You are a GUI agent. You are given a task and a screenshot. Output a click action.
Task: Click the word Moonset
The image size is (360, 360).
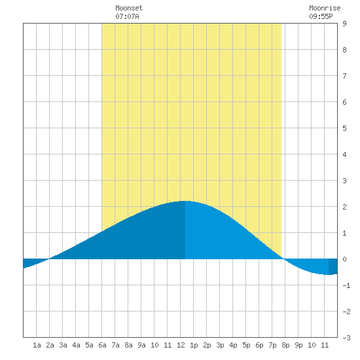(129, 8)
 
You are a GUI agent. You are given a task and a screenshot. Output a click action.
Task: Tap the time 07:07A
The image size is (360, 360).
(127, 16)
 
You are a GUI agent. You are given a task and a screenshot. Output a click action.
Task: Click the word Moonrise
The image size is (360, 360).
(325, 8)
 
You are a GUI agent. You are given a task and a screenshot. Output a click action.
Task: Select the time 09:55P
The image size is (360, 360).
(321, 16)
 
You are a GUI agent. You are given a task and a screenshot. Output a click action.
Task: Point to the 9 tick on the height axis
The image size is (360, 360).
(344, 24)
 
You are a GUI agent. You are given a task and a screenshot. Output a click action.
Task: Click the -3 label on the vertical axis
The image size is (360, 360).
(346, 338)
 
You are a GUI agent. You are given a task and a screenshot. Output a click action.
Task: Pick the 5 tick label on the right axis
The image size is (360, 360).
(344, 128)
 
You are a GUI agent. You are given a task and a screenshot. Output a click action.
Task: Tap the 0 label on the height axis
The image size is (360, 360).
(344, 259)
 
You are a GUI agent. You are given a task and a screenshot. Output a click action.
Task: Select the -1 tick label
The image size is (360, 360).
(346, 285)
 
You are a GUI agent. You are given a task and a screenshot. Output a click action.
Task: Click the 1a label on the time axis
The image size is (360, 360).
(37, 345)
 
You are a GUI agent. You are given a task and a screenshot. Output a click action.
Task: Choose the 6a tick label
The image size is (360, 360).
(102, 345)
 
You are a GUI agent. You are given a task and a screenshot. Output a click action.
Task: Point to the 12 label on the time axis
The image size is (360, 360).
(181, 345)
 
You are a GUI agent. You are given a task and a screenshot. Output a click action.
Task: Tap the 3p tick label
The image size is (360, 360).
(220, 345)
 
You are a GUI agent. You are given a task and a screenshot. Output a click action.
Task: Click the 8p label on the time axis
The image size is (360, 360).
(285, 345)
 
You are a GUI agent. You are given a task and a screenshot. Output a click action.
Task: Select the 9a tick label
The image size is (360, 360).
(141, 345)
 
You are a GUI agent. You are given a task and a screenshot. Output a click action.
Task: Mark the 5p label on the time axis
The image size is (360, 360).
(246, 345)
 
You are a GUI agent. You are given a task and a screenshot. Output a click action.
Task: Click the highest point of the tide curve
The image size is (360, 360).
(185, 201)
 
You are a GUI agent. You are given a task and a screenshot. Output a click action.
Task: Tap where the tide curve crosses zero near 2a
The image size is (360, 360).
(49, 259)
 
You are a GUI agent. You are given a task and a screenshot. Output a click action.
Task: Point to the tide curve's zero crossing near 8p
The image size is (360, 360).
(284, 259)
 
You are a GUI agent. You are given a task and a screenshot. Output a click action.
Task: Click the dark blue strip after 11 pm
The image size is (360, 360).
(333, 266)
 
